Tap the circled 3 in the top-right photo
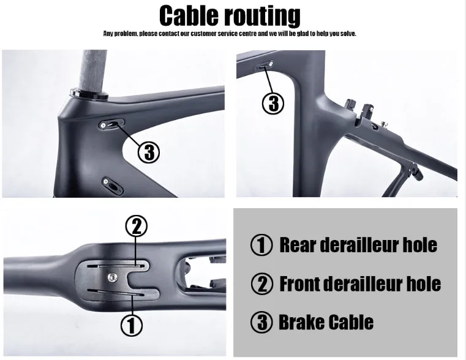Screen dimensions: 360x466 [x=273, y=102]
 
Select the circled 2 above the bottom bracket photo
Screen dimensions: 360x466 [x=137, y=227]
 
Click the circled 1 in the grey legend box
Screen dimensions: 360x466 [x=261, y=246]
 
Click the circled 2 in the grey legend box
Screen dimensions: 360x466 [x=261, y=284]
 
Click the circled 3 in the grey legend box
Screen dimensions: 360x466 [x=261, y=322]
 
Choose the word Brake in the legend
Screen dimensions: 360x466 [x=302, y=322]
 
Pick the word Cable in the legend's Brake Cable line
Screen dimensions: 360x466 [x=351, y=322]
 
